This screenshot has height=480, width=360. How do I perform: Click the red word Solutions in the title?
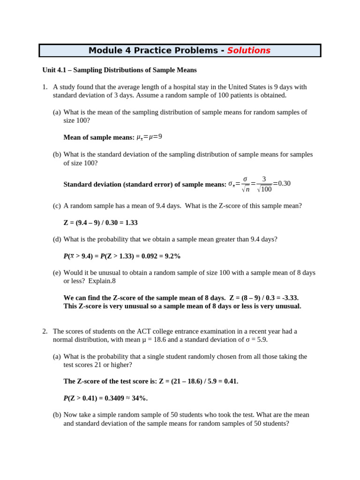[248, 51]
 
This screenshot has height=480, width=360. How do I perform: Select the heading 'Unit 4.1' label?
[55, 70]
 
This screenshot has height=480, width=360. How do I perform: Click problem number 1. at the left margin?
[45, 87]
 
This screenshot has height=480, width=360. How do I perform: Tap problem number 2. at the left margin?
[45, 331]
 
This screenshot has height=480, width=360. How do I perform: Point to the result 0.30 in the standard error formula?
[285, 183]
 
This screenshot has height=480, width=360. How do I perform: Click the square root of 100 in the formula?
[264, 189]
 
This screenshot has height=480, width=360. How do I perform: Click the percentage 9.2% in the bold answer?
[172, 256]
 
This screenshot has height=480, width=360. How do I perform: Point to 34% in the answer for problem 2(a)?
[140, 398]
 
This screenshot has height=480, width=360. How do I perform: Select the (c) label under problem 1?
[57, 206]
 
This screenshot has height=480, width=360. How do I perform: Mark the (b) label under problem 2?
[57, 415]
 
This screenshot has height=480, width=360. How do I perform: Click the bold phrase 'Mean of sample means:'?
[99, 137]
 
